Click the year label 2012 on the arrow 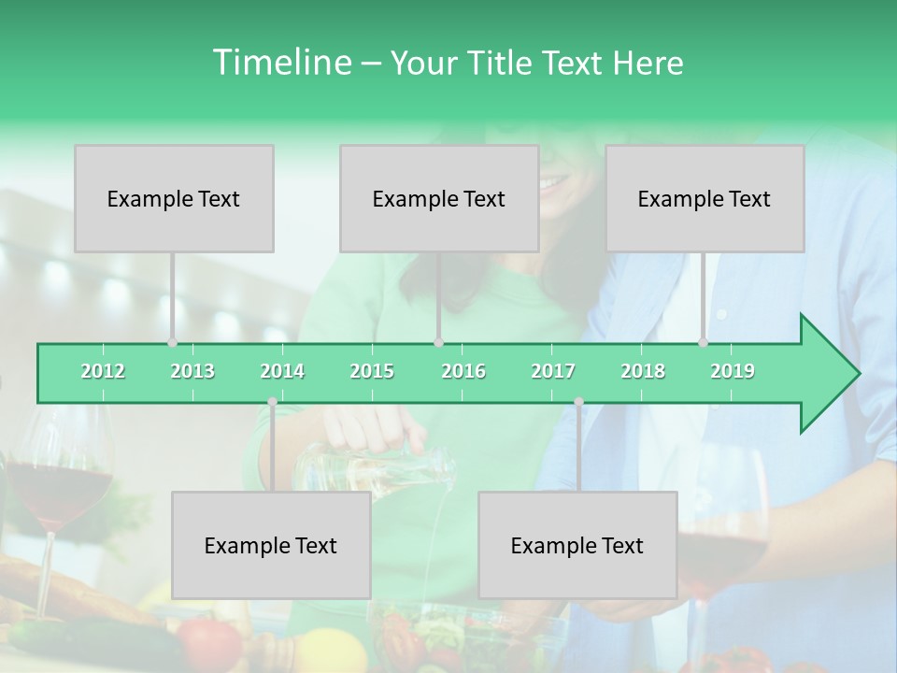tap(103, 371)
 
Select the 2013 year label tap(192, 371)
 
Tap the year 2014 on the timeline tap(282, 371)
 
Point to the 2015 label tap(372, 371)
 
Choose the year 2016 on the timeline tap(463, 371)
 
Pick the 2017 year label tap(553, 371)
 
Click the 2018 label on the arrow tap(643, 371)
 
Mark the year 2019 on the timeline tap(733, 371)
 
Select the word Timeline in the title tap(280, 63)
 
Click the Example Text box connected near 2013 tap(174, 198)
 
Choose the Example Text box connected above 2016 tap(439, 198)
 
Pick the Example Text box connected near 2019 tap(705, 198)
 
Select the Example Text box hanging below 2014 tap(271, 545)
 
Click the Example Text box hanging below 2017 tap(577, 545)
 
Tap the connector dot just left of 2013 tap(172, 342)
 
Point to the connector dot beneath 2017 tap(578, 402)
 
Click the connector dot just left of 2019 tap(704, 342)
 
